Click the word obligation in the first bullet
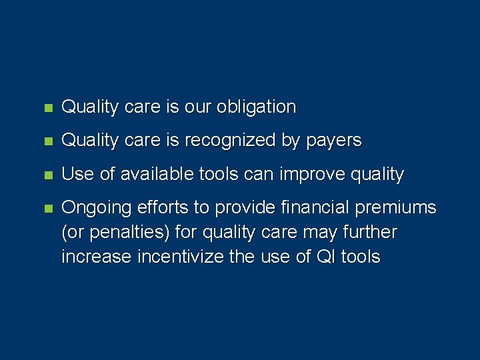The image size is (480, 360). coord(257,107)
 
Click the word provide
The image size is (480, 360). coord(243,208)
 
